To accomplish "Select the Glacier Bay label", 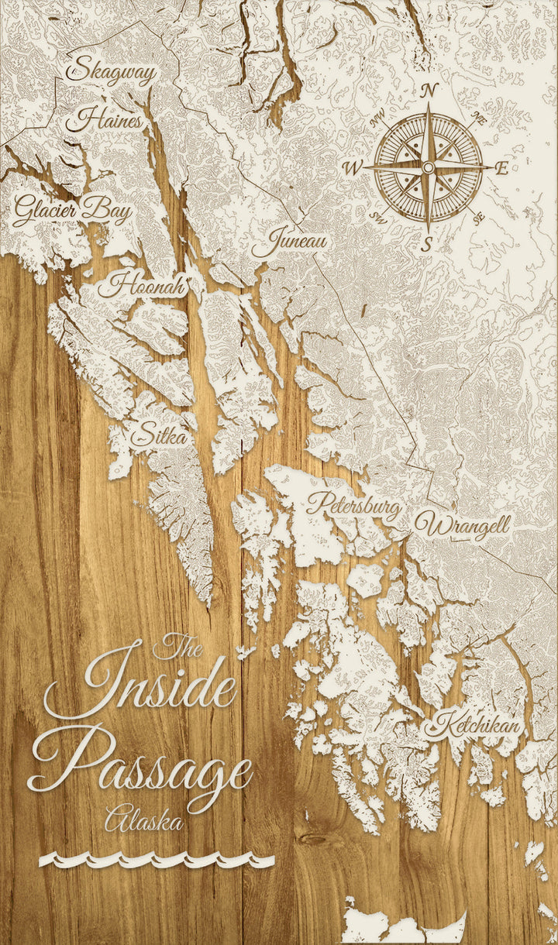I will (71, 210).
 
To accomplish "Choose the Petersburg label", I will (353, 506).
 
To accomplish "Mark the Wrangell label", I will (462, 525).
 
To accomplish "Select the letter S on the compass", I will (427, 246).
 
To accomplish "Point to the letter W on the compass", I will (353, 167).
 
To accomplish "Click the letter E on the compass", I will (502, 168).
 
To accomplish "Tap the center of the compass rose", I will (428, 167).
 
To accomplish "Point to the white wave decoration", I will (157, 860).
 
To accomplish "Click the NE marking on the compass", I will (479, 119).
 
